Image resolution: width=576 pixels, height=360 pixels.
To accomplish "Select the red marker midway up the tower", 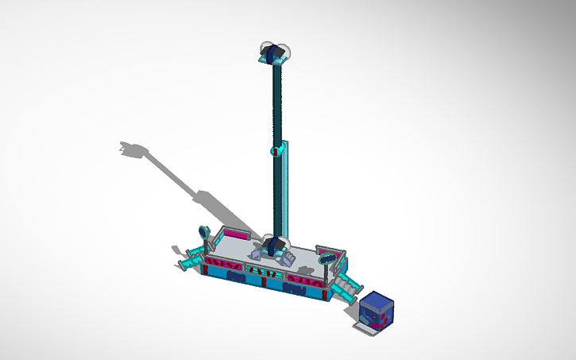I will (x=276, y=150).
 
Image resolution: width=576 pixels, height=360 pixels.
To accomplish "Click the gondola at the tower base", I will (x=275, y=247).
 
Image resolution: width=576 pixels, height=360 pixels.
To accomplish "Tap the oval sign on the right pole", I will (x=327, y=257).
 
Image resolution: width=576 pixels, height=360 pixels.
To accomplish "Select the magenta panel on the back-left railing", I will (x=236, y=234).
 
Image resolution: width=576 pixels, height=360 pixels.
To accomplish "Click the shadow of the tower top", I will (x=135, y=149).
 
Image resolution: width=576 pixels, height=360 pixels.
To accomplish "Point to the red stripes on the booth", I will (x=383, y=316).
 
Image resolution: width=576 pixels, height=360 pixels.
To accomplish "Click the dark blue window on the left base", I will (x=235, y=277).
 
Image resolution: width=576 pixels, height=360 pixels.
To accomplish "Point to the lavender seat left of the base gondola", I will (x=256, y=254).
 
